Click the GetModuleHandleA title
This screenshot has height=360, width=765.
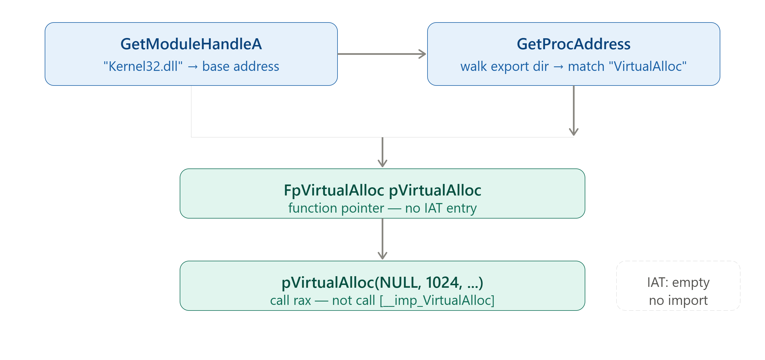[x=191, y=44]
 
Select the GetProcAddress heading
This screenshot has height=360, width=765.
[x=573, y=44]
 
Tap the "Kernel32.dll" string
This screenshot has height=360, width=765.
[x=143, y=66]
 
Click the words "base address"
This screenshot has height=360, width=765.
[x=240, y=66]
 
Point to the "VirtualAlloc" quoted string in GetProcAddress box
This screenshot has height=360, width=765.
[x=647, y=66]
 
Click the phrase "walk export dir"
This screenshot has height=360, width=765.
[x=504, y=66]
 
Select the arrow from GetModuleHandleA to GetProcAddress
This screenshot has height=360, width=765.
[x=382, y=54]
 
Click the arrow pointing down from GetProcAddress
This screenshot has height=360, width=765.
[x=573, y=111]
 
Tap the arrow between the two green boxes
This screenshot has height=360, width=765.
[x=382, y=239]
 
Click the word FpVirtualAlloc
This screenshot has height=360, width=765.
[x=334, y=190]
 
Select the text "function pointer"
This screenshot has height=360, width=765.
[x=336, y=208]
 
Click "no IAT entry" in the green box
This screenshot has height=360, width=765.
[x=441, y=208]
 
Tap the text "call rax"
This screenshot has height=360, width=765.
[x=291, y=300]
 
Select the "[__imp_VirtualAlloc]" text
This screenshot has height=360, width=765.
[x=437, y=300]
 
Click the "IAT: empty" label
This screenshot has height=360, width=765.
[x=678, y=282]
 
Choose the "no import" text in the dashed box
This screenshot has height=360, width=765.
[x=678, y=300]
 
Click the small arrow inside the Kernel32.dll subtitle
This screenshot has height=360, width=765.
[x=192, y=67]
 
